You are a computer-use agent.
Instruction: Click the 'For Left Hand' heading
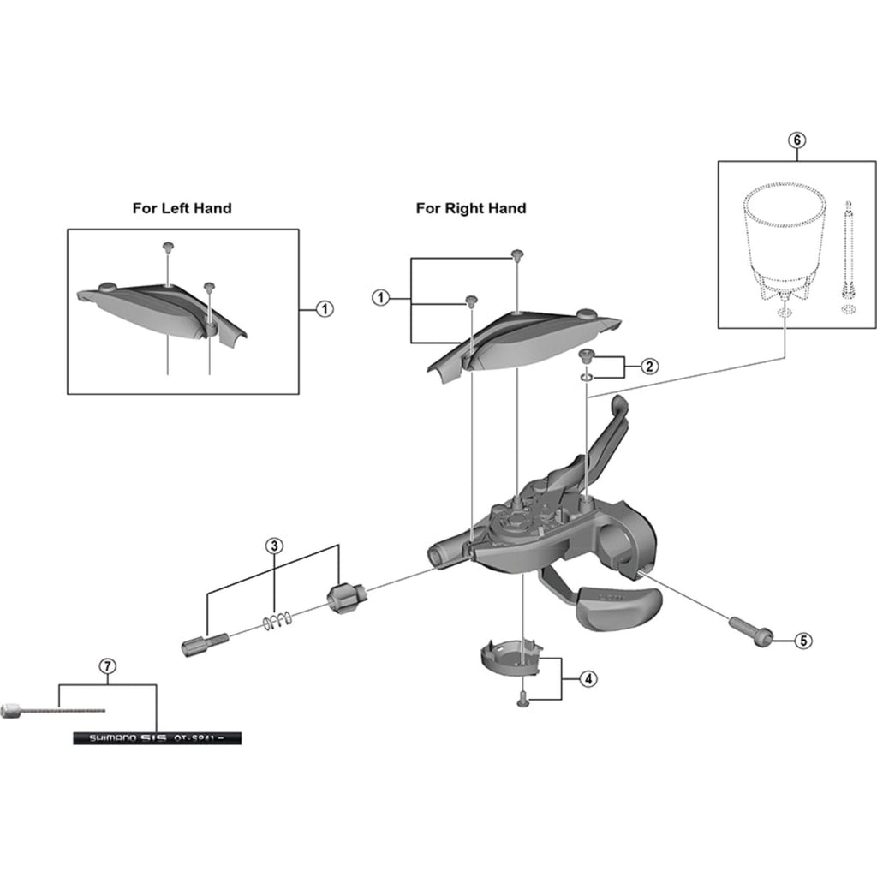182,208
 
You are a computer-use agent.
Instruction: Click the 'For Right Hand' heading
471,208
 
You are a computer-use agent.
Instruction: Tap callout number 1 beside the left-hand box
325,309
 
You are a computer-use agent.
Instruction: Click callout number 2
649,367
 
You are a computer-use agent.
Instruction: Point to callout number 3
274,546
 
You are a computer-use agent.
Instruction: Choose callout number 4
587,679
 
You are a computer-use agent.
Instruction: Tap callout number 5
802,640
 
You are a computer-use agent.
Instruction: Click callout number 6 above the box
797,139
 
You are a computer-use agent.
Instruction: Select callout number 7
107,665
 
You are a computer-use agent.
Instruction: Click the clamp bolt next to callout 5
751,630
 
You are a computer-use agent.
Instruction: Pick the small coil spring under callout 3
278,620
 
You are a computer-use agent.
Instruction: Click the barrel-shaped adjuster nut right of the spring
347,596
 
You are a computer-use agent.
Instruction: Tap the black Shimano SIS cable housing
158,737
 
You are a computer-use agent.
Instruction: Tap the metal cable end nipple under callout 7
12,710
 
